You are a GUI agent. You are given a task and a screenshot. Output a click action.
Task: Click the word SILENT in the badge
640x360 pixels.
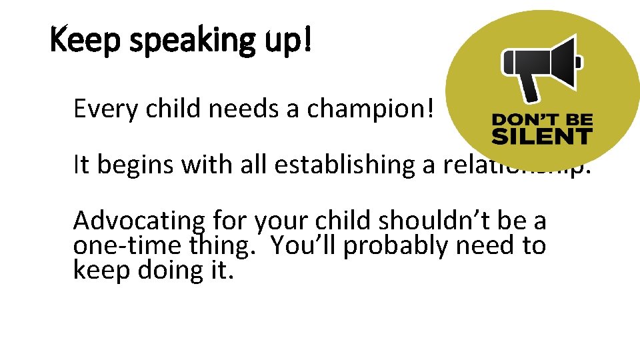click(541, 137)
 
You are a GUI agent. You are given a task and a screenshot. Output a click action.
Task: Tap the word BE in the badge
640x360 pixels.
click(577, 121)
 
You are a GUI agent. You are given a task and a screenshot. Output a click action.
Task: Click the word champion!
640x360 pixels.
click(371, 109)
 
